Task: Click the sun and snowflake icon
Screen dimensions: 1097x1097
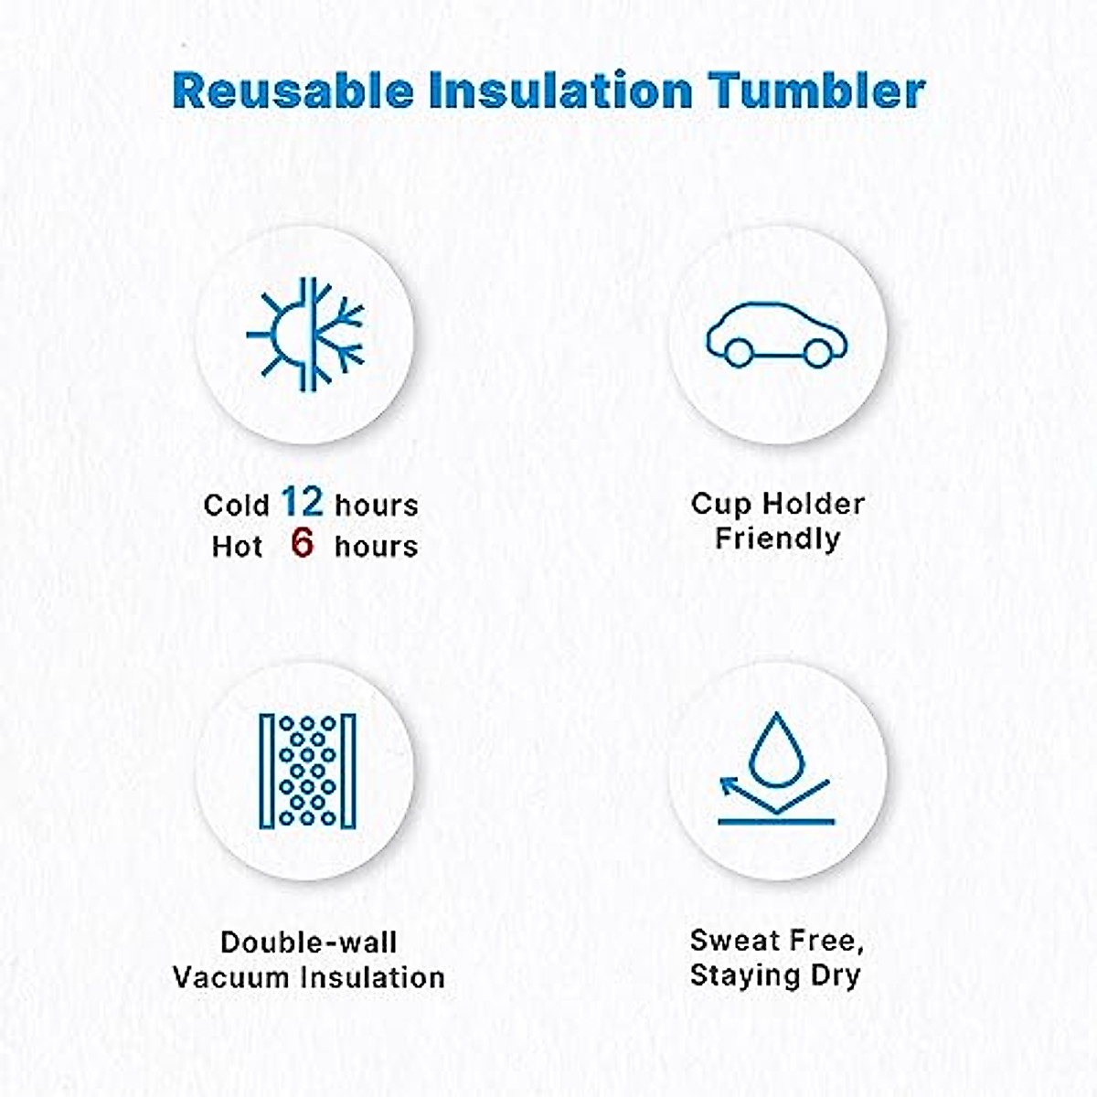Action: click(304, 335)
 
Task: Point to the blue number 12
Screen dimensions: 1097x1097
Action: click(303, 502)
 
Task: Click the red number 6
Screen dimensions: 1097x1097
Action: click(303, 543)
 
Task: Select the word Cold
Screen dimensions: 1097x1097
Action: click(236, 505)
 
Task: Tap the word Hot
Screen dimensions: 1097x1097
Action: click(237, 547)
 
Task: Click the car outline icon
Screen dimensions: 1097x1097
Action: click(776, 335)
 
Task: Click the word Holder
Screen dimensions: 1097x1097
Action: click(814, 504)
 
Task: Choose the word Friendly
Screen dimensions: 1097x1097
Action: click(778, 539)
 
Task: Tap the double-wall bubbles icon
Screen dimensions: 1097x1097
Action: click(307, 772)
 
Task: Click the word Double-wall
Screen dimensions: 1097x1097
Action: click(309, 943)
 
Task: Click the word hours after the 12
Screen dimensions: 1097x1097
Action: click(377, 505)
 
